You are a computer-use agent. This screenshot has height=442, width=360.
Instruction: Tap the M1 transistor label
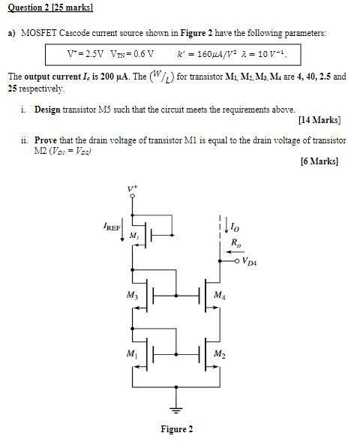point(132,353)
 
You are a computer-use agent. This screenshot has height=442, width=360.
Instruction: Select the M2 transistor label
point(220,353)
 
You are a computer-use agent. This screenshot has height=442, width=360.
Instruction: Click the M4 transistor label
point(219,295)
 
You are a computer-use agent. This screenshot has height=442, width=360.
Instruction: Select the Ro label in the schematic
point(237,242)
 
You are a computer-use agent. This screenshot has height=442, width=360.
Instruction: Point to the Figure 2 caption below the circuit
point(177,429)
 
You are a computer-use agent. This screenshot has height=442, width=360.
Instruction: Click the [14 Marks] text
point(319,120)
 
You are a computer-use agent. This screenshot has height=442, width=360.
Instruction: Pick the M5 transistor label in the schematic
point(134,236)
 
